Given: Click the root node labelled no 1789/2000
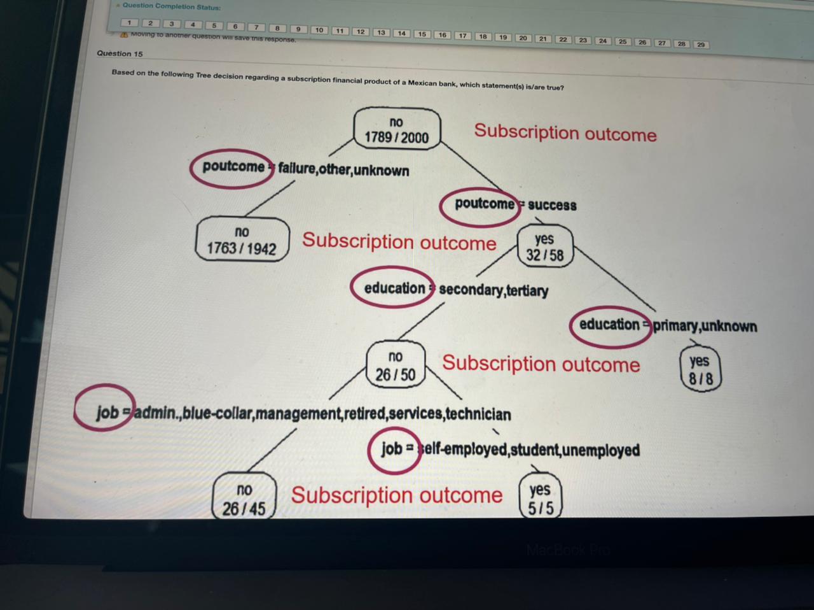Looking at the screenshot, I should pos(396,130).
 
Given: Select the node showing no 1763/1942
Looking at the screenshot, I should pos(242,240).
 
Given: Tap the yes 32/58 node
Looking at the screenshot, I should pos(544,247).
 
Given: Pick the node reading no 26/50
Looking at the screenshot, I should pos(395,366).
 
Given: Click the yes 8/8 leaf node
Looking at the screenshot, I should pos(700,369).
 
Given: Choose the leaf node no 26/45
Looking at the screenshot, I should pos(244,499).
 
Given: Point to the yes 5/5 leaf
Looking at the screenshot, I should pos(540,499).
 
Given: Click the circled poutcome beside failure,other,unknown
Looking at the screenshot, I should pos(233,167).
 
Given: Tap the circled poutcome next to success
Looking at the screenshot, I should pos(483,204).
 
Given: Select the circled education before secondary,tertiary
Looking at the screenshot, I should pos(394,288).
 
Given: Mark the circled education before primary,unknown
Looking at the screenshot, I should pos(609,324).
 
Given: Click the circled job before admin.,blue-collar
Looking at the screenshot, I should pos(107,411).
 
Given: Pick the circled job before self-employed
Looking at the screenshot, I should pos(392,448).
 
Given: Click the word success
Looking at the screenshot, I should pos(552,205).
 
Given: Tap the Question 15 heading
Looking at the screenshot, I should pos(120,53).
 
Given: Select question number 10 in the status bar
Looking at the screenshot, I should pos(319,30).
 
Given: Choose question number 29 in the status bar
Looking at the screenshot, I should pos(700,45).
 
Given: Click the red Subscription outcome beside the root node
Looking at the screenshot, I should pos(565,132).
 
